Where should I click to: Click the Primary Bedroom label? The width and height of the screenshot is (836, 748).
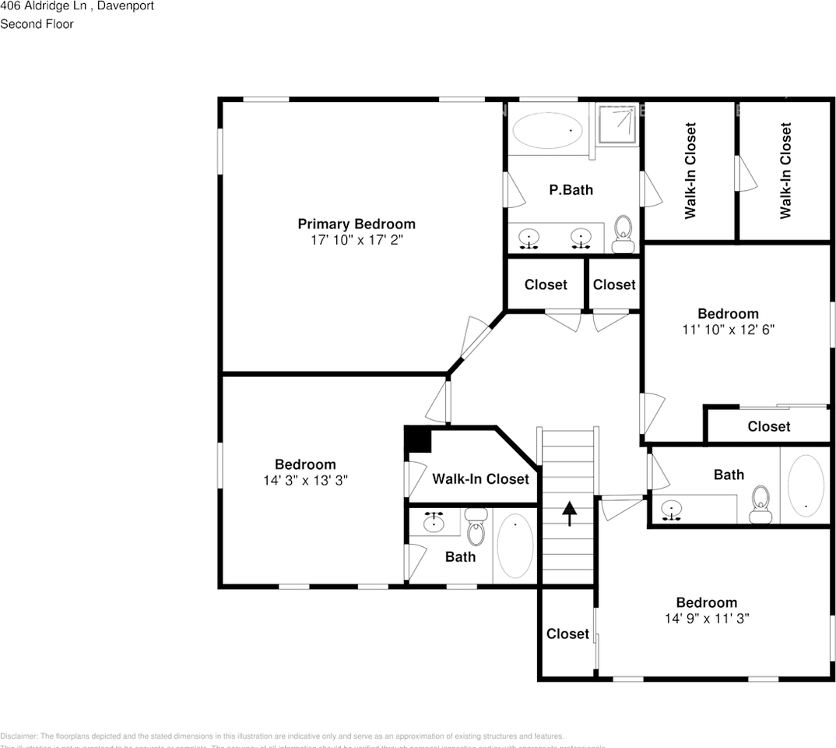point(357,224)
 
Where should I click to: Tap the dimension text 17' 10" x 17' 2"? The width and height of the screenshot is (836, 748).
point(357,241)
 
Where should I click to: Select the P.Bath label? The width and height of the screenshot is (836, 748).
point(571,189)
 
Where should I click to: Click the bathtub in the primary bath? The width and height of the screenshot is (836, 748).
point(548,129)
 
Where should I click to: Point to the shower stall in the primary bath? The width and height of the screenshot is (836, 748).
point(619,124)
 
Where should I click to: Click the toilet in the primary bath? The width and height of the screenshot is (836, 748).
point(623,235)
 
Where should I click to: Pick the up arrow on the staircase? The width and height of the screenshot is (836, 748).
point(569,513)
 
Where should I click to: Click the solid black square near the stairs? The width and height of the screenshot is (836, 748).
point(419,440)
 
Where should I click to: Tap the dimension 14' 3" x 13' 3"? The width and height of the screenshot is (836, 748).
point(305,481)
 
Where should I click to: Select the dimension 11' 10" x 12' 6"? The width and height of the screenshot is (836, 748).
point(728,330)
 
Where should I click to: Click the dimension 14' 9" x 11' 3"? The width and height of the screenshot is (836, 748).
point(707,619)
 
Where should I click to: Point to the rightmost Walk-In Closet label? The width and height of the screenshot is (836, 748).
point(785,171)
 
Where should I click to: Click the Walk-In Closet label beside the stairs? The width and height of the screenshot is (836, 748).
point(480,479)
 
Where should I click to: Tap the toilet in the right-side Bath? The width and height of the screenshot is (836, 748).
point(760,504)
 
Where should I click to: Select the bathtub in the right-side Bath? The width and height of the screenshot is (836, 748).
point(805,483)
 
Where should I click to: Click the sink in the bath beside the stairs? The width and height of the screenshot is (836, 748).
point(434,522)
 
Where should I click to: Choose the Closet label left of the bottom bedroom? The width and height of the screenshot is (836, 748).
point(567,634)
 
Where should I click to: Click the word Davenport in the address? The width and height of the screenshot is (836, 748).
point(125,6)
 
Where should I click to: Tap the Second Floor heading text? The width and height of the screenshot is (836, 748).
point(37,24)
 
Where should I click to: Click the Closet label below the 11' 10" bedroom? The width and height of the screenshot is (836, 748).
point(768,427)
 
